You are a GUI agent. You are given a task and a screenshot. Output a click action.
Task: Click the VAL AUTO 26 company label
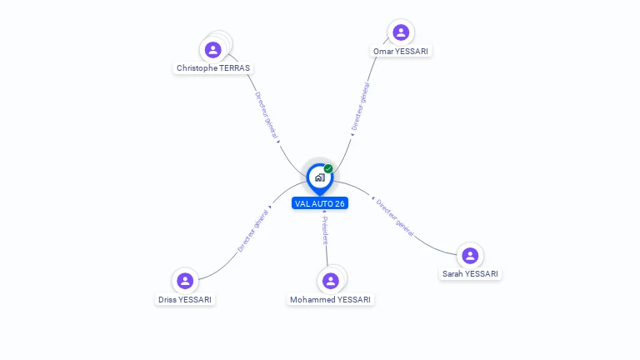pos(320,203)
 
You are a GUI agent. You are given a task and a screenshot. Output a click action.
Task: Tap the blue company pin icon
pos(319,177)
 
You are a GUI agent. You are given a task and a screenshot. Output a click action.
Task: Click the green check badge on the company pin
pos(328,168)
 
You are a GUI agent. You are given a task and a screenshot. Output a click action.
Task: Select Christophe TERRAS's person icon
pos(213,49)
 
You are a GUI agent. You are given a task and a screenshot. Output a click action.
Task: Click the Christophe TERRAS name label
pos(213,67)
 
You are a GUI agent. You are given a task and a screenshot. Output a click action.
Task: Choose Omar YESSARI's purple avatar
pos(401,32)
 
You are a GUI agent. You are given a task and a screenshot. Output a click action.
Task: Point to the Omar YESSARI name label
pos(402,51)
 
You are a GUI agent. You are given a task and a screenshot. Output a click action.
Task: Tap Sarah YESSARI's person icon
pos(470,255)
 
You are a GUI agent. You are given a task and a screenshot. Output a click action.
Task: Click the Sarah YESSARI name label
pos(470,273)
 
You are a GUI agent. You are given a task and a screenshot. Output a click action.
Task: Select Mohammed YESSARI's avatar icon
pos(331,281)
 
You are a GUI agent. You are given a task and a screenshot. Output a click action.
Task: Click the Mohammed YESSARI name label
pos(331,299)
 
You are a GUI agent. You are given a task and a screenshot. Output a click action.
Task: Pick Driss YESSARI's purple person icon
pos(185,281)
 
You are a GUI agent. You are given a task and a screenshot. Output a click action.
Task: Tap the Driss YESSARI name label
pos(185,299)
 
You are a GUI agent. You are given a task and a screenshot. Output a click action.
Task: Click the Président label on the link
pos(326,230)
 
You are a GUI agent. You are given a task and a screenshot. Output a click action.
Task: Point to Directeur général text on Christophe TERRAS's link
pos(267,117)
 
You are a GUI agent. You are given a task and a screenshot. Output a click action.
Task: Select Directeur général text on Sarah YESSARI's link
pos(394,217)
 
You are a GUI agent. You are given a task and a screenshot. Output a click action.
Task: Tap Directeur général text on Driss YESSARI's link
pos(253,230)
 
